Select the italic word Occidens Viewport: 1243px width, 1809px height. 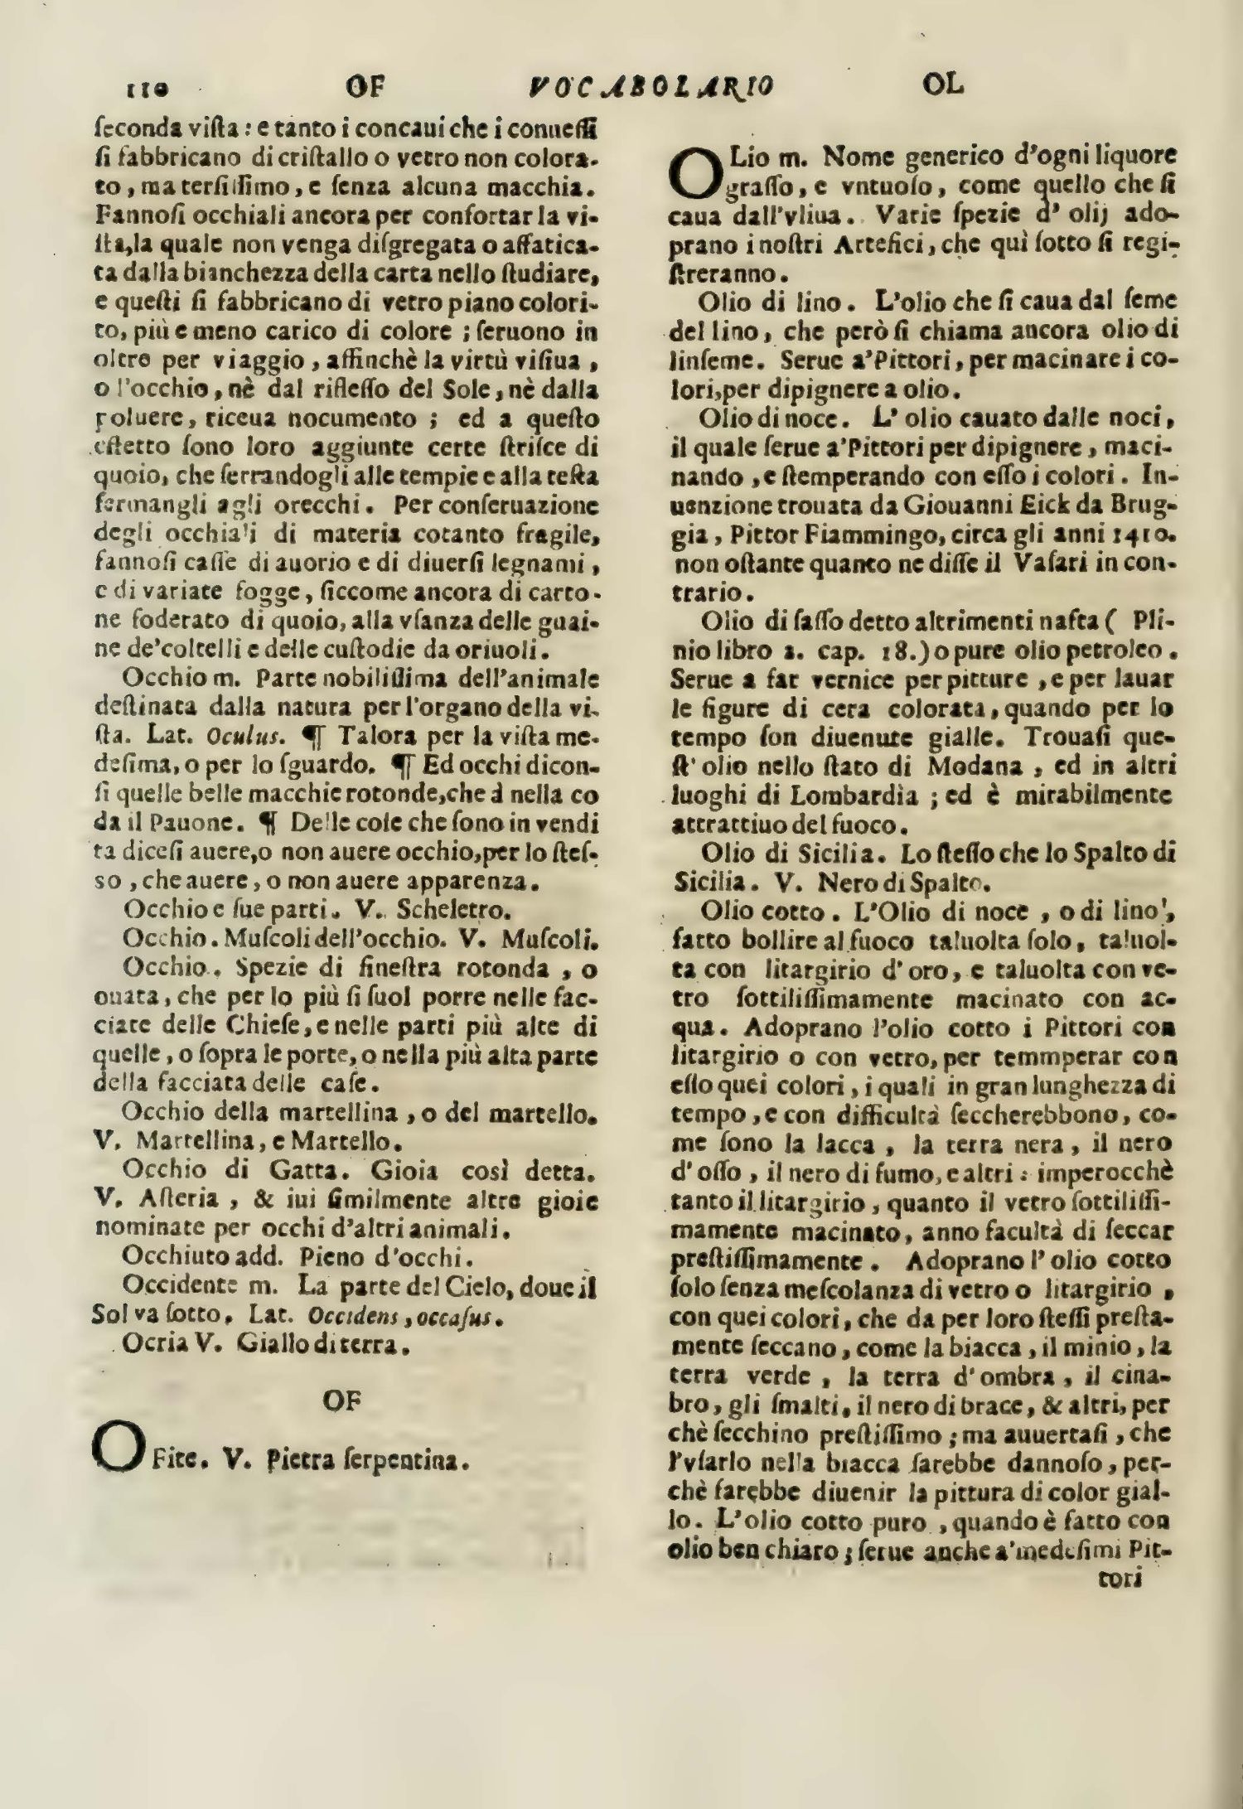341,1316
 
